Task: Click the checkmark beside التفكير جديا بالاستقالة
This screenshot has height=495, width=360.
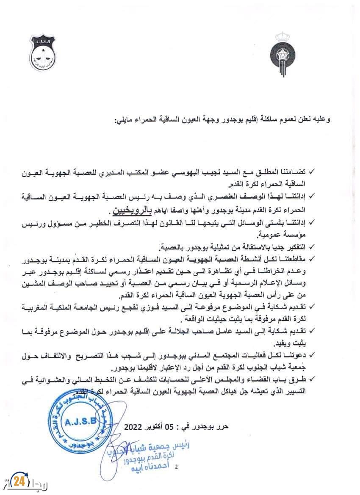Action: click(x=313, y=247)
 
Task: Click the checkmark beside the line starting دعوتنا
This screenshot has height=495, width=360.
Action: click(x=313, y=353)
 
